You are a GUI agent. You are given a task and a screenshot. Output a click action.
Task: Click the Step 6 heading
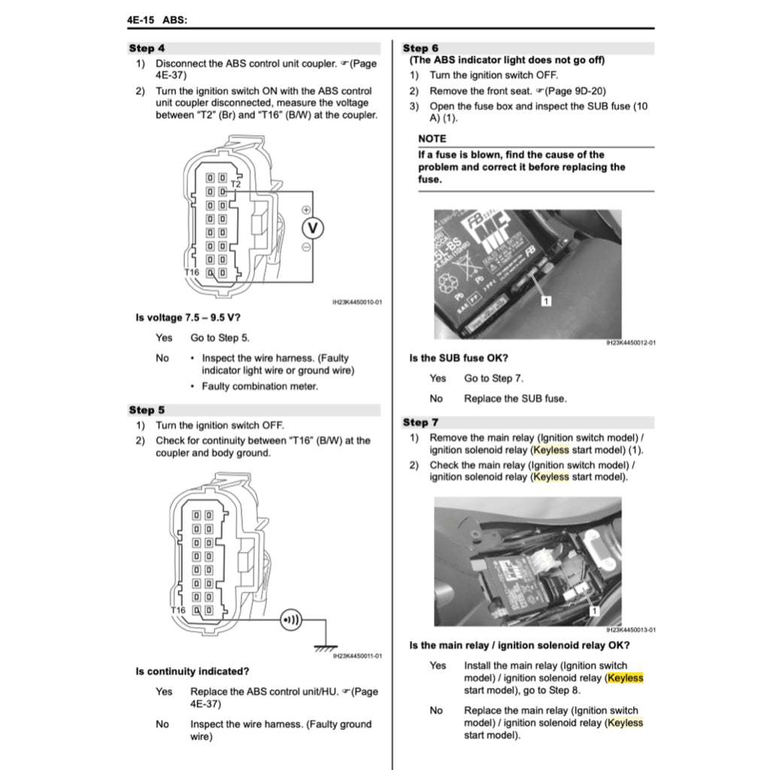[x=420, y=48]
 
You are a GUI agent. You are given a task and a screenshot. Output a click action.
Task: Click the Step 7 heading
[x=420, y=423]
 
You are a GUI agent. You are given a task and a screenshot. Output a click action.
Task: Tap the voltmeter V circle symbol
[x=313, y=228]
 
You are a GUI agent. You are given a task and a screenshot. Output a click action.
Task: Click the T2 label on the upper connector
[x=235, y=183]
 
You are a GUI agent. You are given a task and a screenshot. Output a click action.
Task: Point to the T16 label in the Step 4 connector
[x=192, y=271]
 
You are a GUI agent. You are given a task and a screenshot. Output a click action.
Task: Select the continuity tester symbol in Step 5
[x=290, y=620]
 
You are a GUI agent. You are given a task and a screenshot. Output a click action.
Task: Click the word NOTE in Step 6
[x=432, y=138]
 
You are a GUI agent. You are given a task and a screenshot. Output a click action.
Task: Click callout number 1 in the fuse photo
[x=547, y=301]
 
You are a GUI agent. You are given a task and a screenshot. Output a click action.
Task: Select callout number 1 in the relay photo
[x=593, y=611]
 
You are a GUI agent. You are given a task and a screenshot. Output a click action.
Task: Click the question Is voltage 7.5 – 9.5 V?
[x=188, y=317]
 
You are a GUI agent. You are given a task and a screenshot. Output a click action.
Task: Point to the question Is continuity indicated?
[x=192, y=671]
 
